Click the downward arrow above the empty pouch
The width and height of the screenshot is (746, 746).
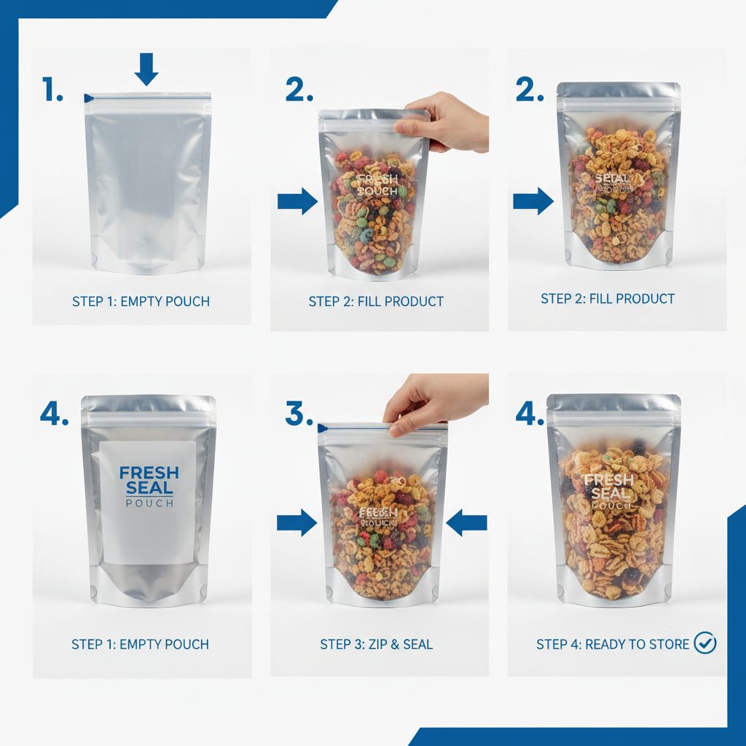coord(146,68)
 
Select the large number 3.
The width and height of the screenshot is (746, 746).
coord(298,413)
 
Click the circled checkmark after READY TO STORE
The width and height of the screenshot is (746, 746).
coord(705,643)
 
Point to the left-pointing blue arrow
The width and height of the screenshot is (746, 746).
coord(466,522)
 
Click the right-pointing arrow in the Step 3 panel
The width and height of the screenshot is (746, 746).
coord(297,522)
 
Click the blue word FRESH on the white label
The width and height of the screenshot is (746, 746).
coord(149,472)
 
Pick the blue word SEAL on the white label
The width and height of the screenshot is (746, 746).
coord(149,488)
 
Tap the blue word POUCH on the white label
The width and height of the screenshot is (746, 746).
coord(149,503)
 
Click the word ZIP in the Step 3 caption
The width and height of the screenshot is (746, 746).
coord(374,644)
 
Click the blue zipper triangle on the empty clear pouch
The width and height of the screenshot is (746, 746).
coord(89,98)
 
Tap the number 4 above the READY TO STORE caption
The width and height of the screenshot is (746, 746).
coord(530,413)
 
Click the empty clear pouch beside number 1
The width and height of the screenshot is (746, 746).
coord(148,182)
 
